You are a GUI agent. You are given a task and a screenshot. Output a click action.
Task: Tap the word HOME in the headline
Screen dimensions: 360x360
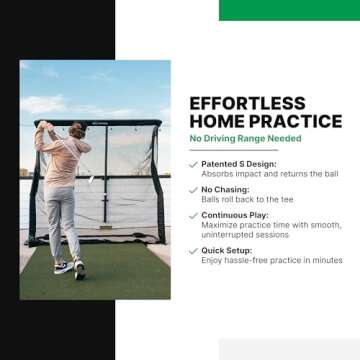216,121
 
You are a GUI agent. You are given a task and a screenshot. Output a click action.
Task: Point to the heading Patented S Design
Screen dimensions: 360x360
238,164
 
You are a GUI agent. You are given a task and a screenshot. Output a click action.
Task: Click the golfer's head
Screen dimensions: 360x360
77,130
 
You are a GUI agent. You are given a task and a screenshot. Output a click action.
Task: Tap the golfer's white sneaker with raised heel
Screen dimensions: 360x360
61,266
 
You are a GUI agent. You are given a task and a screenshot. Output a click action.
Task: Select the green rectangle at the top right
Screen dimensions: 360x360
289,9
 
